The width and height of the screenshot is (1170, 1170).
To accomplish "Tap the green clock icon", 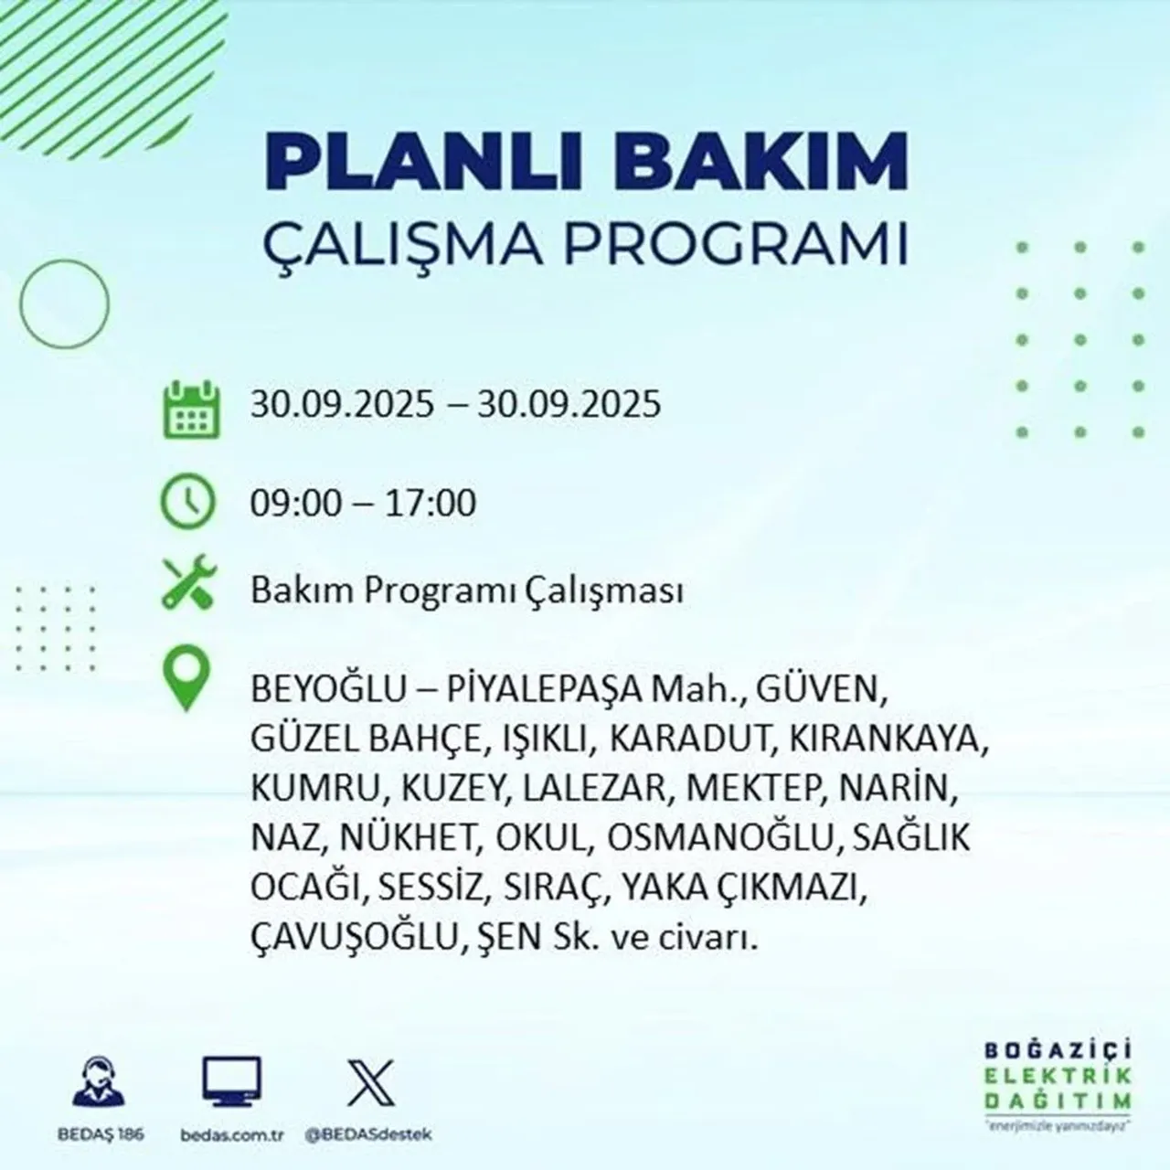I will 188,502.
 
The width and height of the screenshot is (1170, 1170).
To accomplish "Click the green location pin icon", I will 186,680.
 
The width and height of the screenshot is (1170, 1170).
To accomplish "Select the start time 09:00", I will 296,504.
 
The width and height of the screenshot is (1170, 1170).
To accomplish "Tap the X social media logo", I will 370,1081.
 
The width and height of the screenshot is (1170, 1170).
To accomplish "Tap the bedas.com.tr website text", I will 231,1134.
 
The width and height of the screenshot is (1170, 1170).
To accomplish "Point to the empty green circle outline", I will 64,302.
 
